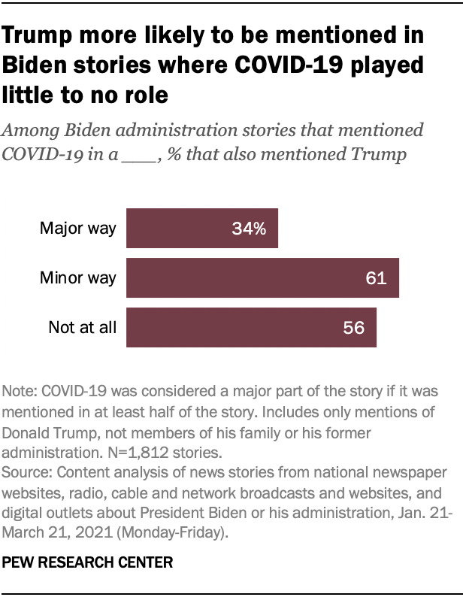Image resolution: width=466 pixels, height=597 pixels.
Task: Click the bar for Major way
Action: [201, 229]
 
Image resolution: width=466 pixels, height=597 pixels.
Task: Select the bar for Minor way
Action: [262, 278]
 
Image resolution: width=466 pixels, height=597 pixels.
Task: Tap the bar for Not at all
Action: [250, 328]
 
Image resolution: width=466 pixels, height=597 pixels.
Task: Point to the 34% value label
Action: [249, 229]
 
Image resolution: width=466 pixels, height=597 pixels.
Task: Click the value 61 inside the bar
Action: [376, 278]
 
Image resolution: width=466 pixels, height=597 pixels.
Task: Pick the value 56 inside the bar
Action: [353, 328]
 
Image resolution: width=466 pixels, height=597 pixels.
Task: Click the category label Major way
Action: [78, 229]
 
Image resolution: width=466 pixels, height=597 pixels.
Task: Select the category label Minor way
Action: [78, 278]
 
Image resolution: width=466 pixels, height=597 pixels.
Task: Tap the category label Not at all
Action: [82, 328]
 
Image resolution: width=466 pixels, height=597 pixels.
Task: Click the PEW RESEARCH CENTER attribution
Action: [88, 562]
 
